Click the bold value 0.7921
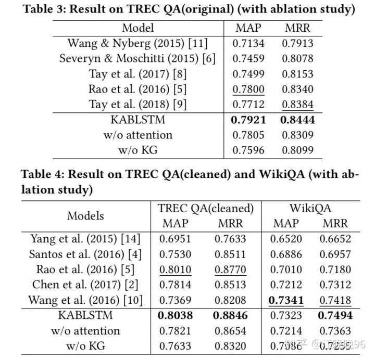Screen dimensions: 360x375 click(248, 120)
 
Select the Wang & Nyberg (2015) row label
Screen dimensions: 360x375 click(137, 44)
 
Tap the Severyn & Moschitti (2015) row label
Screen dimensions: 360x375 click(137, 59)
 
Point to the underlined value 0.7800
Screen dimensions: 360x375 click(248, 89)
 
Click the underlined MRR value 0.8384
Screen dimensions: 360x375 click(298, 104)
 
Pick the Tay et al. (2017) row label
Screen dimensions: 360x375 click(137, 74)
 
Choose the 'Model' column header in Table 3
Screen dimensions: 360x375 click(137, 28)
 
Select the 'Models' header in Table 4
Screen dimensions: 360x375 click(85, 215)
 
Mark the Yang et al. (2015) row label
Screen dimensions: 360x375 click(86, 239)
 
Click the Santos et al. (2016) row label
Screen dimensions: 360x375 click(86, 254)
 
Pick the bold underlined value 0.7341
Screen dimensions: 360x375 click(286, 300)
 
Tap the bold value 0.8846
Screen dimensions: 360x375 click(230, 315)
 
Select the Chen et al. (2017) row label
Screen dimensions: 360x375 click(86, 285)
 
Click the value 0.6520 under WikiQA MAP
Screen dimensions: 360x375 click(286, 239)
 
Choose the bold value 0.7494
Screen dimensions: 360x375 click(336, 315)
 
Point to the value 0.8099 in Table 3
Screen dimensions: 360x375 click(298, 150)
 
